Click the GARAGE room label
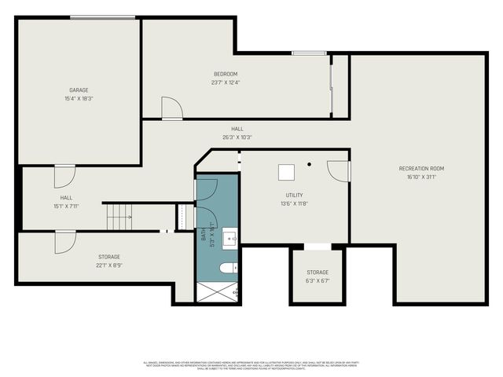(x=77, y=90)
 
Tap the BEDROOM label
(x=225, y=74)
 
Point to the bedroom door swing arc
(x=172, y=108)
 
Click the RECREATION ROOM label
(x=421, y=169)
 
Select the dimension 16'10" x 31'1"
(x=421, y=177)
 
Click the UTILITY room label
(x=294, y=195)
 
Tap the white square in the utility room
(x=287, y=169)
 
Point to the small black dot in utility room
(x=310, y=164)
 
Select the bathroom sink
(x=229, y=236)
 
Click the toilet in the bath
(x=227, y=269)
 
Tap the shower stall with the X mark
(x=217, y=291)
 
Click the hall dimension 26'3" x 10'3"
(x=237, y=137)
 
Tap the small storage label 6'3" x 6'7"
(x=318, y=280)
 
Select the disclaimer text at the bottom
(x=251, y=364)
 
